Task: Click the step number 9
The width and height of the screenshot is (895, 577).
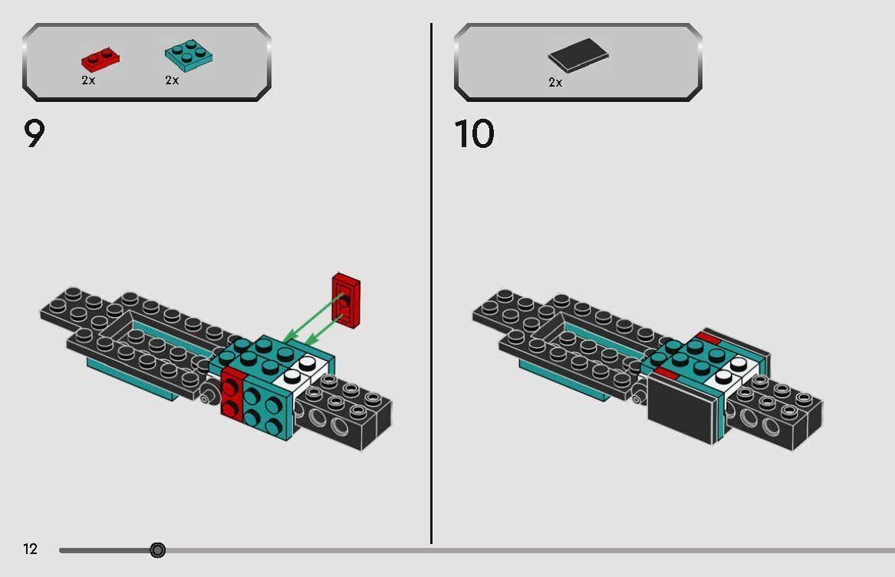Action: (35, 134)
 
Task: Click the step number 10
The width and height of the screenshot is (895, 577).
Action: (474, 134)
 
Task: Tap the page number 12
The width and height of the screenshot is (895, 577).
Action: (30, 549)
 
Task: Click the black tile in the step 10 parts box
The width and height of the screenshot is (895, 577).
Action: (578, 56)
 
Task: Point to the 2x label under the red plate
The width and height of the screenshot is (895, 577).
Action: (88, 80)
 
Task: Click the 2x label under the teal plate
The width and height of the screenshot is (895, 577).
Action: (172, 80)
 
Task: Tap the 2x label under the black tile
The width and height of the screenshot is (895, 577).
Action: (555, 82)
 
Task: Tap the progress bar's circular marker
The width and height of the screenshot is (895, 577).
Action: (157, 549)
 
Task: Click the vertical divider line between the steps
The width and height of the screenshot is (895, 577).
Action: (431, 284)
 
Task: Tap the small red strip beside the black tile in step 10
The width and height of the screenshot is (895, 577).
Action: (665, 373)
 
